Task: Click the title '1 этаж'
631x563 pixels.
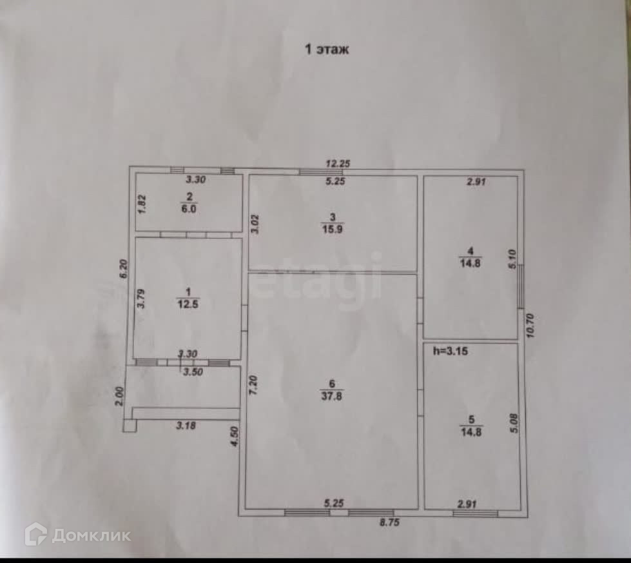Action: pos(327,50)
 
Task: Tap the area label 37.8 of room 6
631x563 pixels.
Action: pos(333,396)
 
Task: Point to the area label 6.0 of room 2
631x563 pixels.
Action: pos(188,209)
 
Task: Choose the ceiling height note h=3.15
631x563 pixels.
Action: pos(449,351)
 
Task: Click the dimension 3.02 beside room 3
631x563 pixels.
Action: pos(255,223)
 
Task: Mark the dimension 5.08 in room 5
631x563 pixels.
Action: pos(513,422)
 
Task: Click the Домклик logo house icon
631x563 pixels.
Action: pos(35,534)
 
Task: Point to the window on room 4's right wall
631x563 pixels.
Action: pos(520,286)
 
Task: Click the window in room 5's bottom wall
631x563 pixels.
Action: pos(475,513)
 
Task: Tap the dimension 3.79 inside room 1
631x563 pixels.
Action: pos(141,299)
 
